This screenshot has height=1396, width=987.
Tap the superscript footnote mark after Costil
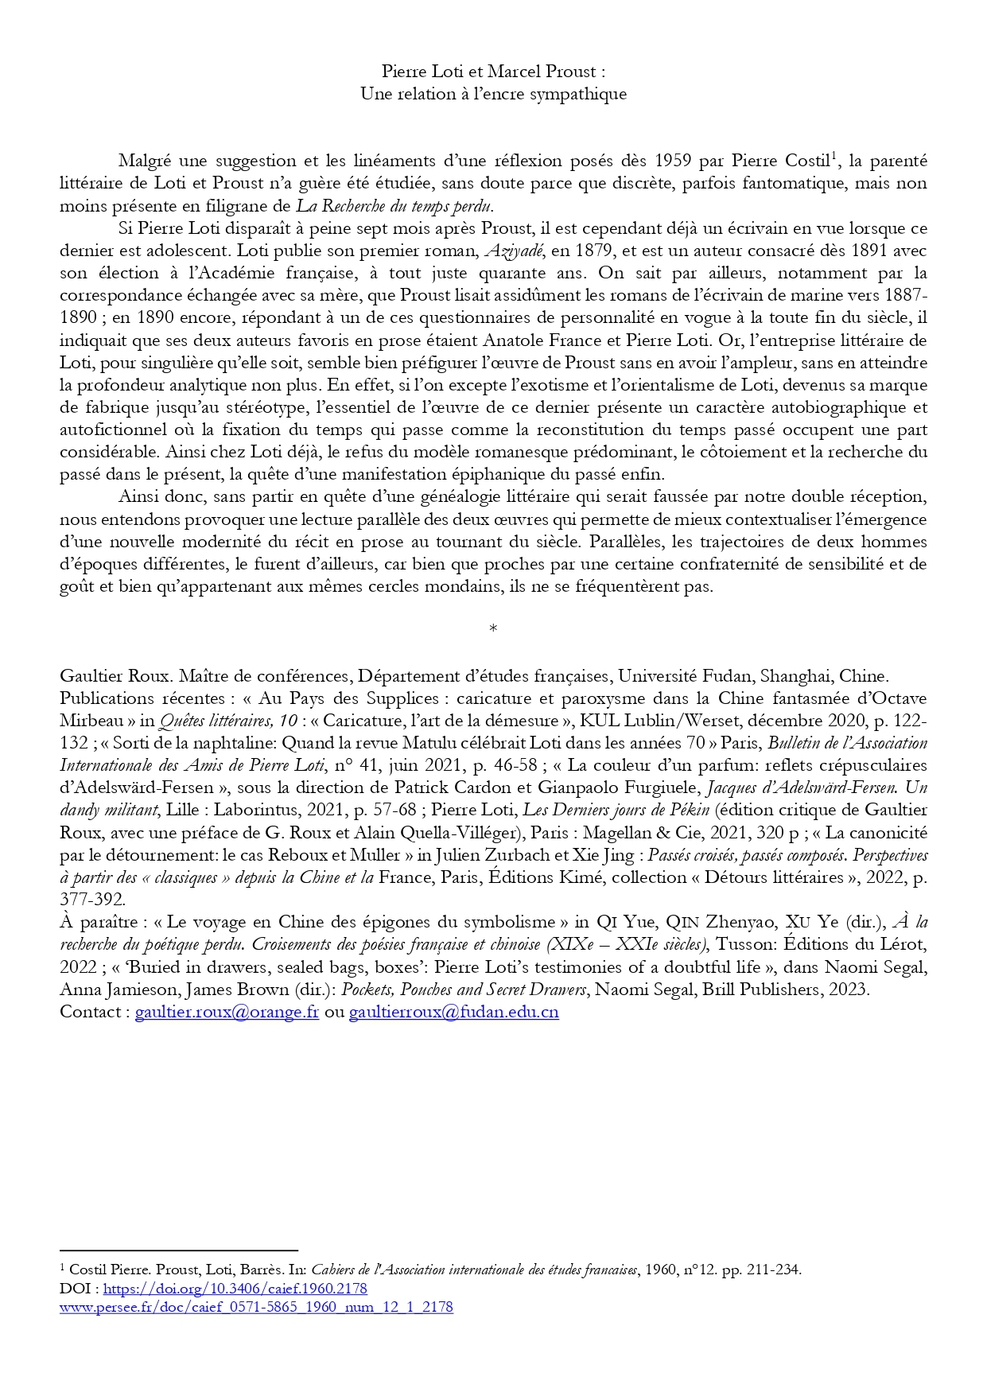(834, 157)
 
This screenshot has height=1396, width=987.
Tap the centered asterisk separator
(493, 629)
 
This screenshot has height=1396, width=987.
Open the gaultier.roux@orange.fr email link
(227, 1012)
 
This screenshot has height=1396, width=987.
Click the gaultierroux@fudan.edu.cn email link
(453, 1012)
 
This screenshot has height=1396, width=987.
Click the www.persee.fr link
(256, 1307)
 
